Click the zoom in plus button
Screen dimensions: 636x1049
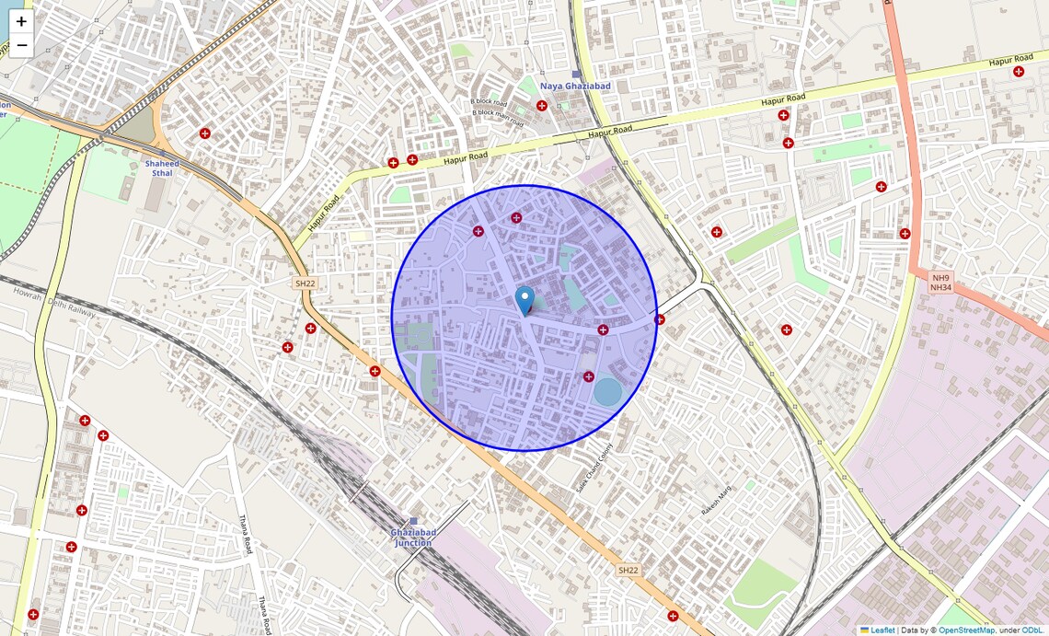(21, 21)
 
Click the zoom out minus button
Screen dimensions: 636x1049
(21, 45)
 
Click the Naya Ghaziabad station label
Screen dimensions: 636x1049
(575, 86)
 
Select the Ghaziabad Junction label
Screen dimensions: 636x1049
(413, 538)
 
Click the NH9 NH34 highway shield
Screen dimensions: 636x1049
(939, 283)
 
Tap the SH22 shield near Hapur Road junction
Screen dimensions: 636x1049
(305, 283)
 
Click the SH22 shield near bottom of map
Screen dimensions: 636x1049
(628, 571)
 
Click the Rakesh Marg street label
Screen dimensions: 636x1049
(715, 499)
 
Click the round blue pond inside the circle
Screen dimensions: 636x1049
(607, 392)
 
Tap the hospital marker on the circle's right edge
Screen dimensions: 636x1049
(660, 319)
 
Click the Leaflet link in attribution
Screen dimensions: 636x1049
(882, 630)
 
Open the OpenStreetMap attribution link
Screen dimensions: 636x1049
(966, 630)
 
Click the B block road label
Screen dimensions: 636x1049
(489, 102)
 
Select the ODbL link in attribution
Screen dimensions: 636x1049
(1032, 630)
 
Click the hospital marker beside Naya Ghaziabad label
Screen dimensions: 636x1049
(541, 106)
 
